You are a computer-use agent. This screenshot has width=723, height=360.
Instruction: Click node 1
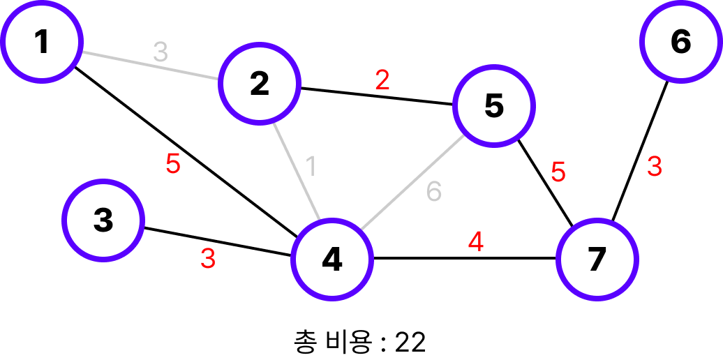[x=42, y=41]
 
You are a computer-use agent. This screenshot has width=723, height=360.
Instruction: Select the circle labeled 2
[x=259, y=84]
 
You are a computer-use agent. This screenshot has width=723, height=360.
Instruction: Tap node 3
[x=103, y=220]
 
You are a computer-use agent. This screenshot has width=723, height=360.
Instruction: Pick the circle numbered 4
[x=332, y=259]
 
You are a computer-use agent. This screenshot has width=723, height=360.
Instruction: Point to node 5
[x=493, y=106]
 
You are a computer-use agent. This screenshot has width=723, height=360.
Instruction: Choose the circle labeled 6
[x=680, y=42]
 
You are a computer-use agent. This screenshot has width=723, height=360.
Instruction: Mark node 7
[x=597, y=259]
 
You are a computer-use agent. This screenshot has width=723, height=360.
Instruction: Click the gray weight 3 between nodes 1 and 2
[x=161, y=52]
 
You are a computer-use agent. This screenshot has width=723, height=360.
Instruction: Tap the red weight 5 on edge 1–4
[x=172, y=164]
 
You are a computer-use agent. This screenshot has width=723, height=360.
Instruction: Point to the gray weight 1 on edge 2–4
[x=311, y=166]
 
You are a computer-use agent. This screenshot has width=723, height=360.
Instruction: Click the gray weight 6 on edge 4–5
[x=434, y=191]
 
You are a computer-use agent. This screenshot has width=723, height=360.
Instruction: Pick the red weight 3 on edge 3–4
[x=208, y=259]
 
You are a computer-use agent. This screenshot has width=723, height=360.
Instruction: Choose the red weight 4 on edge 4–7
[x=475, y=242]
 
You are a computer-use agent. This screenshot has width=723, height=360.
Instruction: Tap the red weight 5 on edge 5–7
[x=558, y=172]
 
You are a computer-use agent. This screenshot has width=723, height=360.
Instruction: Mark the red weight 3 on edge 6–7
[x=654, y=167]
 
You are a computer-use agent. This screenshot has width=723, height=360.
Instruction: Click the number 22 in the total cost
[x=410, y=342]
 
